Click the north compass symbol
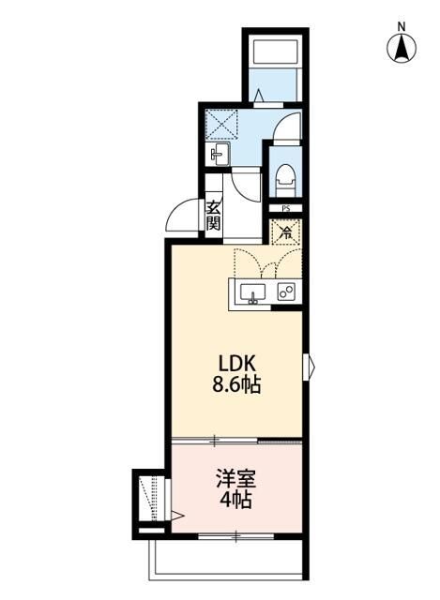click(402, 47)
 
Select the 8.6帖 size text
click(236, 384)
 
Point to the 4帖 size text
click(237, 499)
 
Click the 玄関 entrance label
click(214, 217)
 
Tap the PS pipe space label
click(284, 209)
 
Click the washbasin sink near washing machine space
click(220, 154)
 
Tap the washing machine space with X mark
click(223, 123)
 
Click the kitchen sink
click(251, 293)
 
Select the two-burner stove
click(285, 292)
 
